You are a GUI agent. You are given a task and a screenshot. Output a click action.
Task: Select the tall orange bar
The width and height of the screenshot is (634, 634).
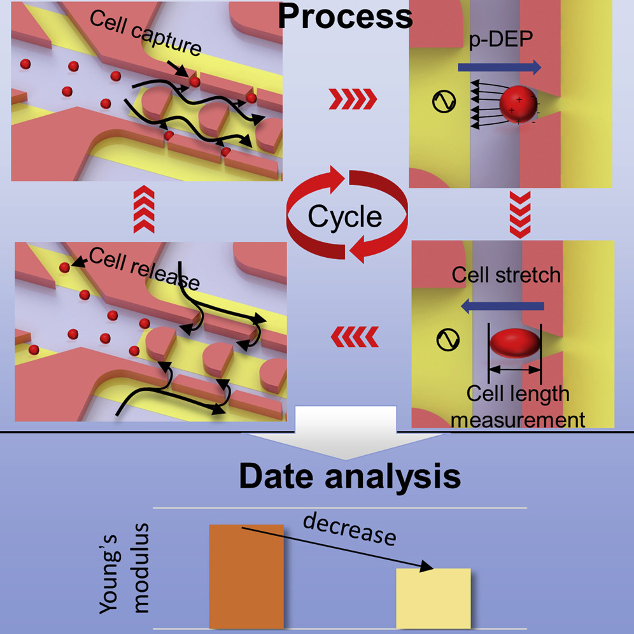tap(237, 576)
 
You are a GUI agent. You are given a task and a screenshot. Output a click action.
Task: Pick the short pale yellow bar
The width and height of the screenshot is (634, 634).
tap(433, 598)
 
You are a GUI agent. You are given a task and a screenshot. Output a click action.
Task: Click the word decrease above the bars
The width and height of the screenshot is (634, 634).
tap(349, 528)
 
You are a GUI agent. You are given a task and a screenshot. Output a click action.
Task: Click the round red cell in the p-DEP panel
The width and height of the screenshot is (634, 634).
tap(518, 106)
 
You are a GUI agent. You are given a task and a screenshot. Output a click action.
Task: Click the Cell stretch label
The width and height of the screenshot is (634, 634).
tap(506, 275)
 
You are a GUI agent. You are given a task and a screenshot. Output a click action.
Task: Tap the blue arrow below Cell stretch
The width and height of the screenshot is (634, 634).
tap(503, 307)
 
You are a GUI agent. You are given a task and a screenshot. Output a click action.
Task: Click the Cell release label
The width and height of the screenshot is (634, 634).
tap(144, 267)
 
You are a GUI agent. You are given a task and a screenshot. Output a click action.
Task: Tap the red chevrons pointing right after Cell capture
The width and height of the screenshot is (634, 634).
tap(352, 99)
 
